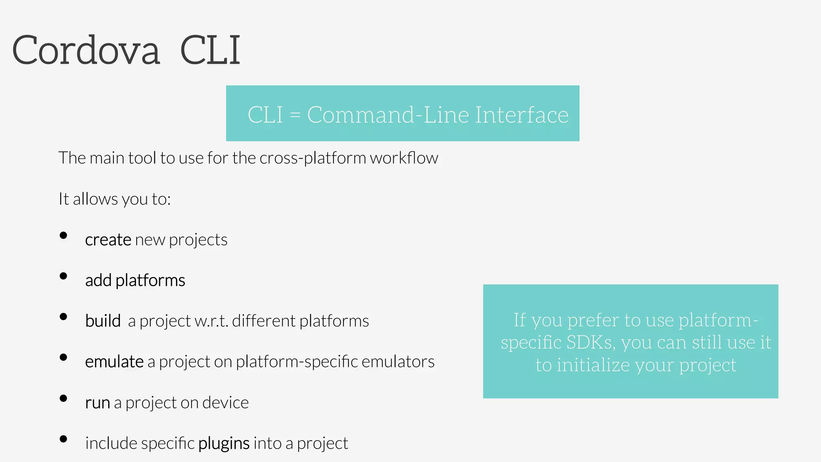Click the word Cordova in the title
[86, 51]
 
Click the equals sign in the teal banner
[295, 115]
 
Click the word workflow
[404, 158]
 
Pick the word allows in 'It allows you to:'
[95, 199]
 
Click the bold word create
[108, 240]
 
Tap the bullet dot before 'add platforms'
[63, 276]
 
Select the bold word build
[103, 321]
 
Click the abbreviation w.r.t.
[211, 321]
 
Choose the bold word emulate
[114, 362]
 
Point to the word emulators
[398, 362]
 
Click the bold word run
[97, 403]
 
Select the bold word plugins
[224, 444]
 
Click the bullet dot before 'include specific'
[63, 439]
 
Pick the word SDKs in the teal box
[591, 342]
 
